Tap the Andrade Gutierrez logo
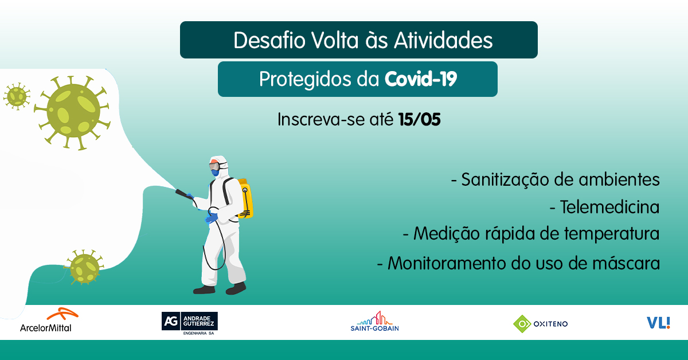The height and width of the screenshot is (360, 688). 190,323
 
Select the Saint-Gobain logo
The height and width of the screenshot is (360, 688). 374,322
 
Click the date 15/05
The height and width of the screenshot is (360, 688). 419,120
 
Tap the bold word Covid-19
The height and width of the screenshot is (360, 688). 421,79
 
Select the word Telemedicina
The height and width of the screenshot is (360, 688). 609,206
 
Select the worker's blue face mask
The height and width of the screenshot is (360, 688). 214,171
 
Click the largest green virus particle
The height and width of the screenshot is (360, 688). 73,109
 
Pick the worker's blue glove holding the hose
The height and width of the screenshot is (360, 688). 212,217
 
